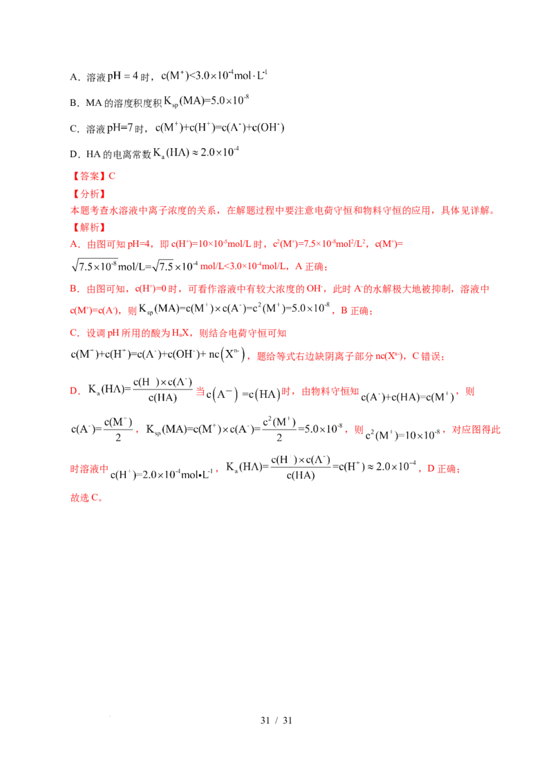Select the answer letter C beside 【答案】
pos(113,176)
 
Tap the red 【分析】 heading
pos(88,194)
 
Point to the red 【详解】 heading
pos(88,227)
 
